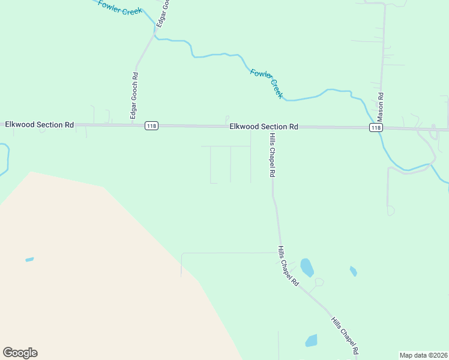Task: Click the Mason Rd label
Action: point(380,104)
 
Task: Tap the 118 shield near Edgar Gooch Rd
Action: point(151,126)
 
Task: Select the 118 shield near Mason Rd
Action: point(376,128)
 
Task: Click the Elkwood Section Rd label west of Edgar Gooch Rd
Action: point(39,124)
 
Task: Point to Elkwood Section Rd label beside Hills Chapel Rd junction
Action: point(264,127)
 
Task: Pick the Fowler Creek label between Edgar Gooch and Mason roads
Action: point(266,83)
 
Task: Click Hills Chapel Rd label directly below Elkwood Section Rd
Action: point(271,155)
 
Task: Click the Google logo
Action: point(20,353)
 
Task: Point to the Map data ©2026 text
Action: point(423,355)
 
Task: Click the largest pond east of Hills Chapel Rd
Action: point(307,268)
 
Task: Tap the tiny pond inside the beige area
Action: point(29,260)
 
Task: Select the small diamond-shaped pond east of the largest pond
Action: point(354,271)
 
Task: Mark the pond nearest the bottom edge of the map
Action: point(311,341)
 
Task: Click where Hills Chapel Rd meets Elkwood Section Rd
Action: point(267,127)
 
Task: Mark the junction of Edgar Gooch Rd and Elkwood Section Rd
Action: point(133,125)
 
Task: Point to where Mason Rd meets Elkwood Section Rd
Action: point(380,128)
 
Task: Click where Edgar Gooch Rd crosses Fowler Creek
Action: point(154,32)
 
